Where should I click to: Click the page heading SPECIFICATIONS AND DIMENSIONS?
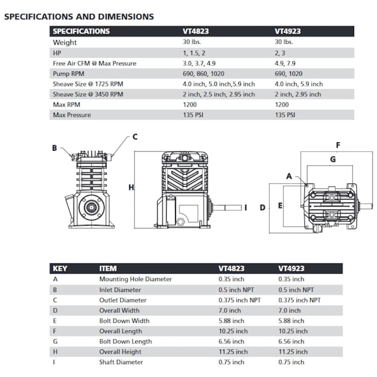tap(79, 17)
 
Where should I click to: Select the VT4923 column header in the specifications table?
tap(287, 31)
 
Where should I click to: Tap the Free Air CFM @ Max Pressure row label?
tap(94, 63)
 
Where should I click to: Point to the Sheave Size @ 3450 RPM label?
tap(88, 94)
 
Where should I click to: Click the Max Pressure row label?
tap(72, 115)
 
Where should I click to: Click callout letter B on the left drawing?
tap(54, 148)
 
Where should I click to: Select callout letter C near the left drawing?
tap(135, 137)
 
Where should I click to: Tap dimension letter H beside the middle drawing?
tap(131, 188)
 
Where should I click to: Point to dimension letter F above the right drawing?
tap(338, 145)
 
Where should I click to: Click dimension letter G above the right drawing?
tap(333, 159)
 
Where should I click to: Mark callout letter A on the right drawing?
tap(289, 176)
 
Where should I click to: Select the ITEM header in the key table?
tap(108, 269)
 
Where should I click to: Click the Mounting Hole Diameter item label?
tap(135, 279)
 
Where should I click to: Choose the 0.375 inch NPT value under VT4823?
tap(239, 300)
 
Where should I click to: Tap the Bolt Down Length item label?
tap(125, 341)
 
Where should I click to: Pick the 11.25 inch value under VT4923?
tap(293, 352)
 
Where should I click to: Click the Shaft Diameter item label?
tap(121, 362)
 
